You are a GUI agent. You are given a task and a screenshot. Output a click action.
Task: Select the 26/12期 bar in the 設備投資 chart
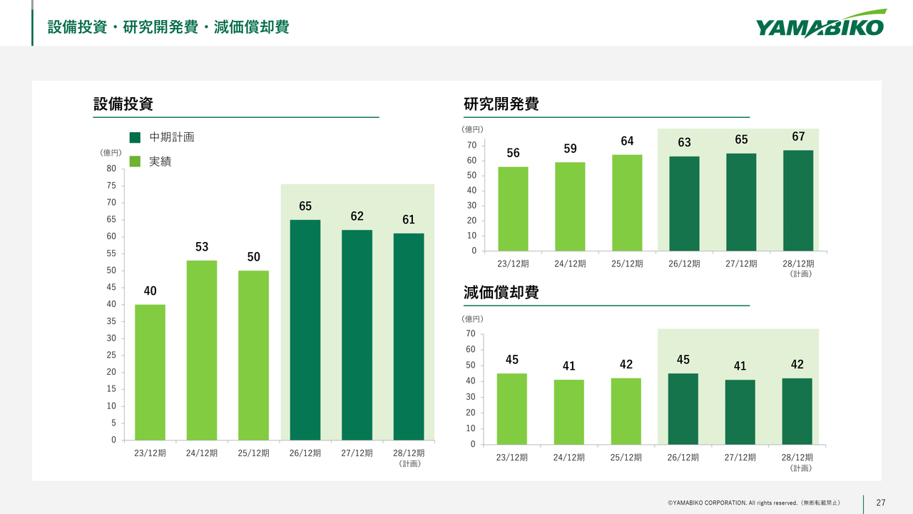[x=305, y=330]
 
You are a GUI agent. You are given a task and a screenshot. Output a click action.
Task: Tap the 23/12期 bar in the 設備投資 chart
[x=150, y=372]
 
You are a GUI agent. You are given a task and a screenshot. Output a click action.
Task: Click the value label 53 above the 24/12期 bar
[x=202, y=247]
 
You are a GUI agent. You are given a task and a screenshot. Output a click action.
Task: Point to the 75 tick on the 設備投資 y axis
[x=111, y=186]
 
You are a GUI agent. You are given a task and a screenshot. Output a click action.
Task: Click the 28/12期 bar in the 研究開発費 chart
[x=797, y=201]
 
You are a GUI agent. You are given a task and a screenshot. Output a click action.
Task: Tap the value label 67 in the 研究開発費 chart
[x=798, y=136]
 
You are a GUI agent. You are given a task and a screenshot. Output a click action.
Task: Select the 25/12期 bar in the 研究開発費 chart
[x=626, y=203]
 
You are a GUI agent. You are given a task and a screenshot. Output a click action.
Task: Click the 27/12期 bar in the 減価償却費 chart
[x=740, y=412]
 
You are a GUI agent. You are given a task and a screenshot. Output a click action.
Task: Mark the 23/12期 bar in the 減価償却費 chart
[x=512, y=409]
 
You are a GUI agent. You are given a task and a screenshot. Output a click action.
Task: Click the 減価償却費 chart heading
[x=501, y=293]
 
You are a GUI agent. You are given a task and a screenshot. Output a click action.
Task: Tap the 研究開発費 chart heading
[x=501, y=104]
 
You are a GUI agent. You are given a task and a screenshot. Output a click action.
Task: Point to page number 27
[x=880, y=503]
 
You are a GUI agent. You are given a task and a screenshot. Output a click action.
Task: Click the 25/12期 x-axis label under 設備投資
[x=253, y=453]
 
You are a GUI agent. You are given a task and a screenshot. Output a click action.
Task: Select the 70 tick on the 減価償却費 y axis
[x=471, y=333]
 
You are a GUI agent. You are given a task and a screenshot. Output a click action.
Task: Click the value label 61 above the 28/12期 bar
[x=409, y=220]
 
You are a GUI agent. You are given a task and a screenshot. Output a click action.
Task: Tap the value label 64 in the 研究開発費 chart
[x=627, y=141]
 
